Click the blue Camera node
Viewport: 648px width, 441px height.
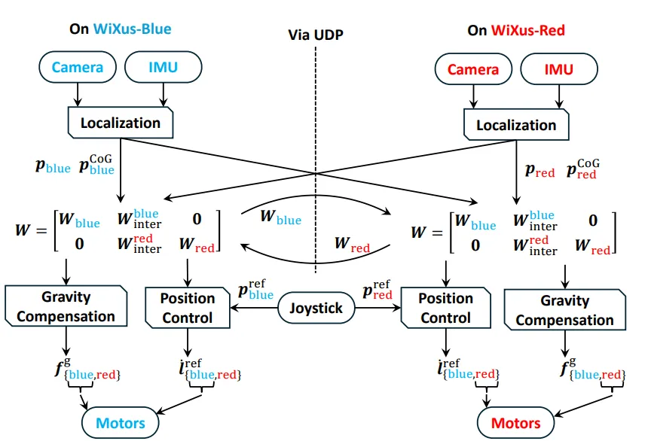tap(78, 67)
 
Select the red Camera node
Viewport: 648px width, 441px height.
tap(473, 69)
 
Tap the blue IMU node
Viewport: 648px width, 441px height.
tap(164, 67)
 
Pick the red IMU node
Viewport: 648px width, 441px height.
tap(559, 69)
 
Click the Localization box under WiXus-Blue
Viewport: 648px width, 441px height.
tap(121, 123)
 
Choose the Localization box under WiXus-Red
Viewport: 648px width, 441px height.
tap(516, 125)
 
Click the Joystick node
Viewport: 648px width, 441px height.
tap(316, 308)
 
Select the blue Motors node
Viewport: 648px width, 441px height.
tap(121, 423)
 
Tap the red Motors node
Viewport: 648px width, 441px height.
tap(515, 423)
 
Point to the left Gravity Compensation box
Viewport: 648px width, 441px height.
tap(66, 306)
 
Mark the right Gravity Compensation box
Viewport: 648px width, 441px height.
tap(565, 310)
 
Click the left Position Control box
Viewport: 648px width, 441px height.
tap(188, 308)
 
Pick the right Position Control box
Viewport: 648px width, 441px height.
tap(446, 308)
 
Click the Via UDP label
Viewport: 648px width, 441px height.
tap(316, 35)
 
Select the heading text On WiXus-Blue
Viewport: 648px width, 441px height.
tap(121, 29)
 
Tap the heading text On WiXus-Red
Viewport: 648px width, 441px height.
tap(516, 30)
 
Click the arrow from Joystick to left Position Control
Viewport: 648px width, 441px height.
tap(254, 308)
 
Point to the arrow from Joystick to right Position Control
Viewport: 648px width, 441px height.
tap(377, 308)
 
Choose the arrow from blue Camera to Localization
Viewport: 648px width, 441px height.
tap(78, 95)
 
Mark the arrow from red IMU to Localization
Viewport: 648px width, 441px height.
tap(559, 97)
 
